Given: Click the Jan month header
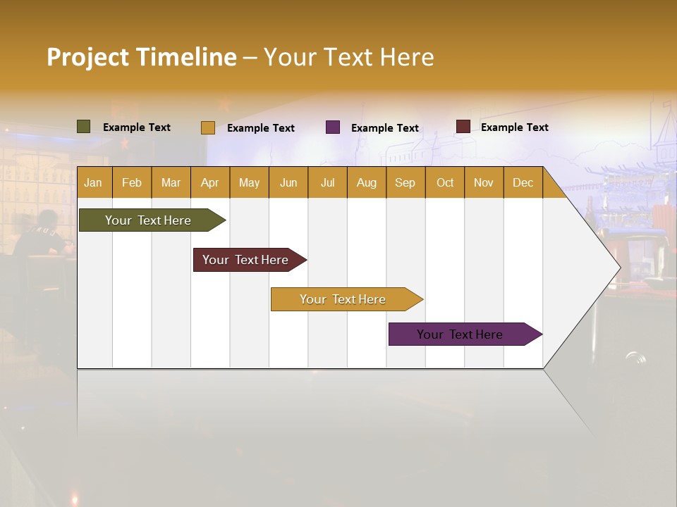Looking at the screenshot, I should click(x=93, y=182).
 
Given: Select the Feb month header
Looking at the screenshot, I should click(x=132, y=182).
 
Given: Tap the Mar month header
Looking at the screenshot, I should click(x=171, y=182).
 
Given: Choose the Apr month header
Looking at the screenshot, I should click(x=209, y=182).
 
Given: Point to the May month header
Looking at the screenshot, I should click(x=249, y=182).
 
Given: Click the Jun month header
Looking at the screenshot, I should click(x=288, y=182).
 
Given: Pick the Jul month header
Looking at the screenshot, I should click(x=327, y=182).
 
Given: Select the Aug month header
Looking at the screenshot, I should click(x=366, y=182).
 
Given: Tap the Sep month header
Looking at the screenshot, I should click(x=405, y=182).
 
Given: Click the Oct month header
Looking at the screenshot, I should click(x=445, y=182).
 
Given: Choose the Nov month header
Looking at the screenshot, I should click(x=484, y=182).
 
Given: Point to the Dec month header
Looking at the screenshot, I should click(x=523, y=182).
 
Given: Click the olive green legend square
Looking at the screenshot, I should click(x=84, y=127).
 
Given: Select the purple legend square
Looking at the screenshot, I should click(x=333, y=127).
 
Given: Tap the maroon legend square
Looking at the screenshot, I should click(x=463, y=127).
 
